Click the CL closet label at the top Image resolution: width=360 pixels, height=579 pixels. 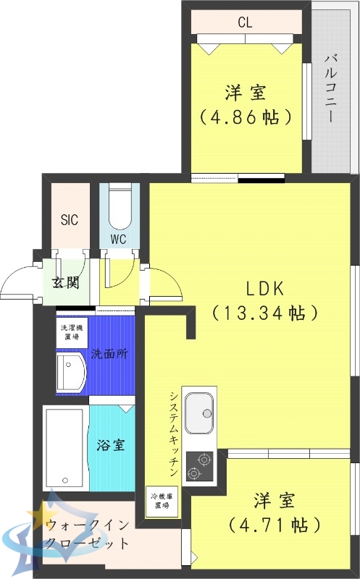(x=245, y=22)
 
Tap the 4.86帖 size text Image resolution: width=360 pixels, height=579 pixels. (x=246, y=117)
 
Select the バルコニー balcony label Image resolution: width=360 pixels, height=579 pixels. (x=330, y=88)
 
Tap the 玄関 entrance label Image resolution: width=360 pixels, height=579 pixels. (x=65, y=282)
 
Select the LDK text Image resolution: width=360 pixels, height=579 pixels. (x=266, y=288)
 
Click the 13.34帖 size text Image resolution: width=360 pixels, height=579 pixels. (x=266, y=313)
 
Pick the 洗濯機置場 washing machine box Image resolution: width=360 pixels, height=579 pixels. (x=72, y=332)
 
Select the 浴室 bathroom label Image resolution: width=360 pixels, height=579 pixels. (x=111, y=444)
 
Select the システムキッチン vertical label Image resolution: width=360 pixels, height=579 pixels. (x=174, y=434)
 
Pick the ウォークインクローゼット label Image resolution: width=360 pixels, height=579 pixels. (x=87, y=534)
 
